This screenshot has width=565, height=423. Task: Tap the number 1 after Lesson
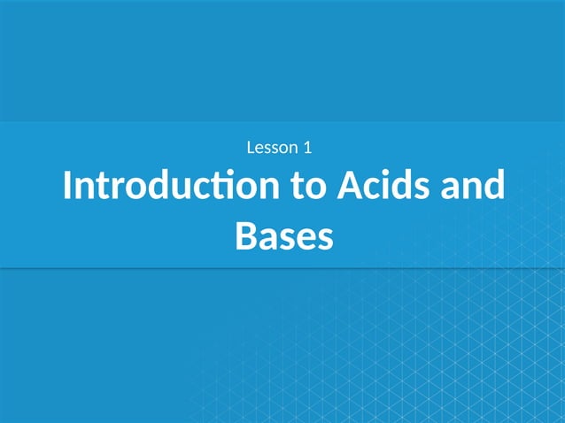(x=306, y=147)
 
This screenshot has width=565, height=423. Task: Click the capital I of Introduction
(x=67, y=188)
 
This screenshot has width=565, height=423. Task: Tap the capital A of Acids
(x=347, y=188)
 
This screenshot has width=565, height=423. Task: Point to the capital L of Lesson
(x=250, y=147)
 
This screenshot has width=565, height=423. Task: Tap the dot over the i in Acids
(x=391, y=173)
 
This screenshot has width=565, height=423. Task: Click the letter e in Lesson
(x=259, y=148)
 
